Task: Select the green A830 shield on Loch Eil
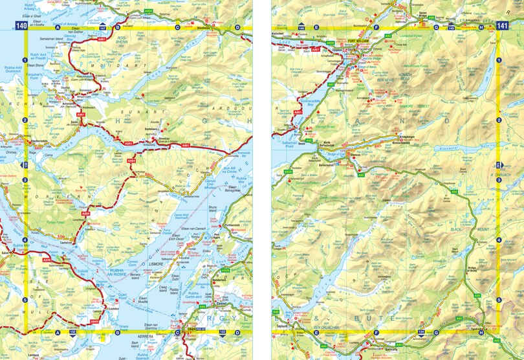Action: pos(330,43)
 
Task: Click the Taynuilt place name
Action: pos(283,328)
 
